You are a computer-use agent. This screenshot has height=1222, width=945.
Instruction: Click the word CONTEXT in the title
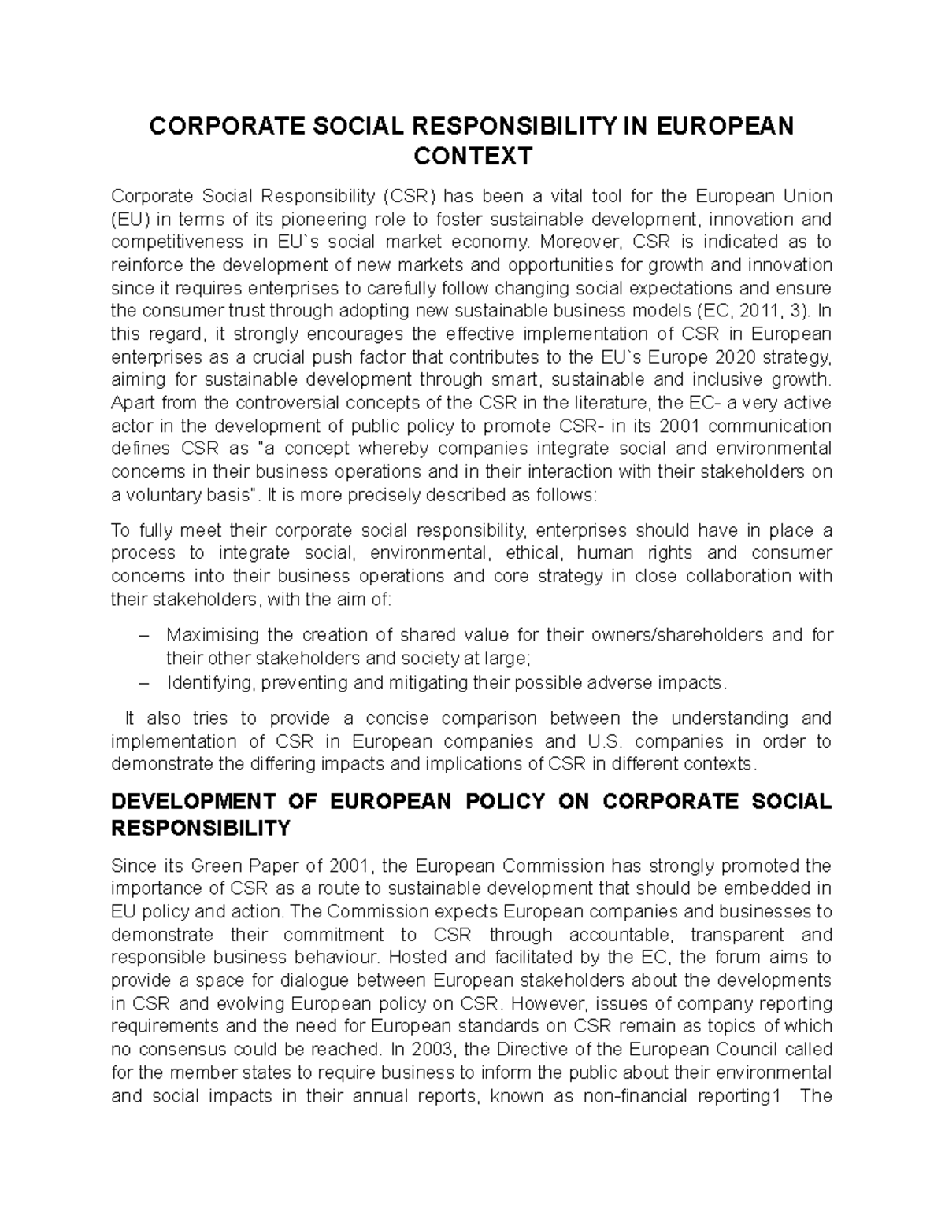click(x=472, y=157)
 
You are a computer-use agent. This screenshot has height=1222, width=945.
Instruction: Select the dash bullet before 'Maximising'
click(x=119, y=635)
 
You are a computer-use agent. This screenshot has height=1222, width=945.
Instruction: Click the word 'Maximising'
click(x=213, y=635)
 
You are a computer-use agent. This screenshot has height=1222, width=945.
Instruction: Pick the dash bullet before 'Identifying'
click(x=119, y=682)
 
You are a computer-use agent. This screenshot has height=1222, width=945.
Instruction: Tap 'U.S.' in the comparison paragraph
click(x=605, y=741)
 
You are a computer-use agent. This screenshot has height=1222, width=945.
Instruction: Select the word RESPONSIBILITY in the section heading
click(x=201, y=828)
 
